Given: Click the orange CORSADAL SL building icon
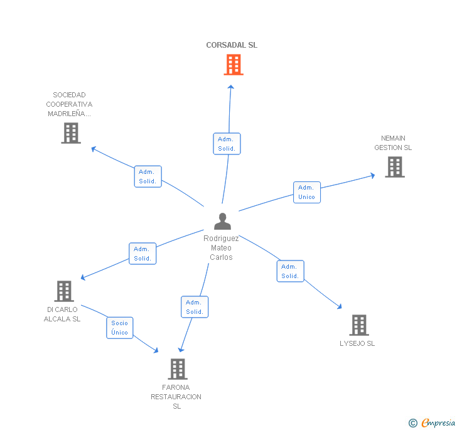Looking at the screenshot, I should point(234,65).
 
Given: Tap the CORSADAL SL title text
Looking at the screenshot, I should point(232,45).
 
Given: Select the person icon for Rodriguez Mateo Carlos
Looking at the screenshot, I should point(222,222).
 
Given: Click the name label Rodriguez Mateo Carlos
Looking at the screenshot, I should point(221,248).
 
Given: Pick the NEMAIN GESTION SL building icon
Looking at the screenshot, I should point(394,167).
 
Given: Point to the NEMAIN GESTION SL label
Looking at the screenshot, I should point(393,143).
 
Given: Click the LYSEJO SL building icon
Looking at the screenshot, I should point(358,325).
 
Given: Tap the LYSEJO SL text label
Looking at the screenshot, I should point(357,343).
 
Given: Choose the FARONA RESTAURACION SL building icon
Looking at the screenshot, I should point(178,368).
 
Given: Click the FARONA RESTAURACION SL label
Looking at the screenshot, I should point(176,397).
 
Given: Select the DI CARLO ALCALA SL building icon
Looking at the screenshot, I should point(64,291).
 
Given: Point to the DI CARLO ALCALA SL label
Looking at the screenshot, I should point(62,314).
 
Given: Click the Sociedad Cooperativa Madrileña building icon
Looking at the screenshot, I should point(71,133).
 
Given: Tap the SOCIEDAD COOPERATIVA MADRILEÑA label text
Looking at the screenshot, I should point(69,104).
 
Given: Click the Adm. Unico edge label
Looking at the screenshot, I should point(306,192).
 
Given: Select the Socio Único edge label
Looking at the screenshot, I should point(119,328).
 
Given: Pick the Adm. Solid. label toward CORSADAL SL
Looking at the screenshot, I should point(227,144).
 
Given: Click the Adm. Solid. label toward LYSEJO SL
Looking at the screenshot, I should point(290,271).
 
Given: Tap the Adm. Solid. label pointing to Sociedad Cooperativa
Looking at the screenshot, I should point(148,176).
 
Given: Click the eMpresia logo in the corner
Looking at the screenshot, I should point(433,423).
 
